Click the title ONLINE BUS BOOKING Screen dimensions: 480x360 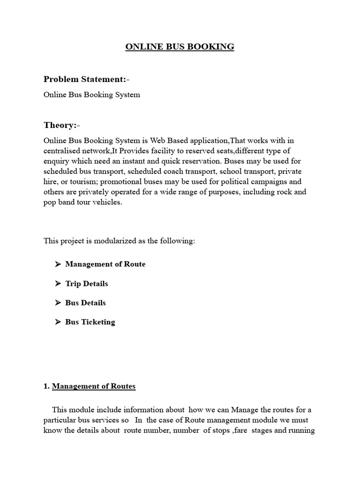point(180,47)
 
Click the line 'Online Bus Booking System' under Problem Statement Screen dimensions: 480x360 point(92,95)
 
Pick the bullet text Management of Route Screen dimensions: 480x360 point(105,264)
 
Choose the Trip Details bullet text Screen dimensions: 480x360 point(86,284)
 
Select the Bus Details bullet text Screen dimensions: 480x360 point(85,303)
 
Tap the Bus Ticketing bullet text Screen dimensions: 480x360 point(90,322)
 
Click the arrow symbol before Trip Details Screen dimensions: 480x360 point(58,284)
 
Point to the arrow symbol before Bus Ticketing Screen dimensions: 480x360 point(58,322)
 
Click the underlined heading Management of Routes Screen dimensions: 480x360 point(93,387)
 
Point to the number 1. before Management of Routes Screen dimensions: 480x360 point(46,387)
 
